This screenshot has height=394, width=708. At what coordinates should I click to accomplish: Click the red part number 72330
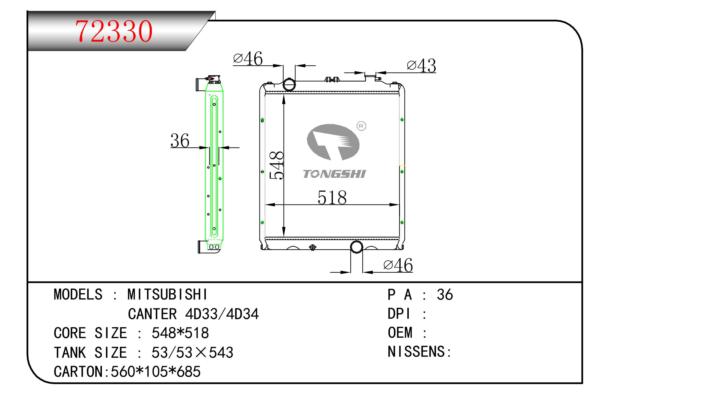(114, 31)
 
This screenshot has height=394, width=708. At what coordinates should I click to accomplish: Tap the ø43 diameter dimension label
(421, 66)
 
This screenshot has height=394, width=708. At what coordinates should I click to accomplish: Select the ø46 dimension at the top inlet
(248, 59)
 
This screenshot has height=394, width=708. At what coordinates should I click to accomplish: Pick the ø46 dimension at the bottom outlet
(398, 265)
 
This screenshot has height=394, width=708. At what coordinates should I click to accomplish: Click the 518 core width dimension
(332, 198)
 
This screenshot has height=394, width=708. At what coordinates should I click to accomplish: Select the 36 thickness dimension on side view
(180, 141)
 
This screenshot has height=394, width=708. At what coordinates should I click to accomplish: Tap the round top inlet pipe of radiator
(289, 85)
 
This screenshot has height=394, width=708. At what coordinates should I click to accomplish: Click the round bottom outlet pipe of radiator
(356, 247)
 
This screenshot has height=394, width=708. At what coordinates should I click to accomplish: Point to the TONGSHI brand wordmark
(334, 174)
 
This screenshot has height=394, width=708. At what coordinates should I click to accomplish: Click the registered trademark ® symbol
(361, 126)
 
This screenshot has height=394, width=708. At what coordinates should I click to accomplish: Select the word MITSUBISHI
(168, 294)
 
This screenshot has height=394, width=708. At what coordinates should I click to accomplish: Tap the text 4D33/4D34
(222, 314)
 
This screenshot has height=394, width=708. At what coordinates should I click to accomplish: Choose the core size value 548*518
(180, 333)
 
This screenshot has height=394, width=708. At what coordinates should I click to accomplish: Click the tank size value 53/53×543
(192, 353)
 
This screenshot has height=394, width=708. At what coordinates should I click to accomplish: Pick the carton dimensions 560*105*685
(156, 372)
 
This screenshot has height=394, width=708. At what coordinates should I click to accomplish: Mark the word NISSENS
(416, 351)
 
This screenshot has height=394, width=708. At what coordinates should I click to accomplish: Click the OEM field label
(400, 333)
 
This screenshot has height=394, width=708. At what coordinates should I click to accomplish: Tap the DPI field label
(399, 314)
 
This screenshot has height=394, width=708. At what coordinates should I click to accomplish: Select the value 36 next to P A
(444, 295)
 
